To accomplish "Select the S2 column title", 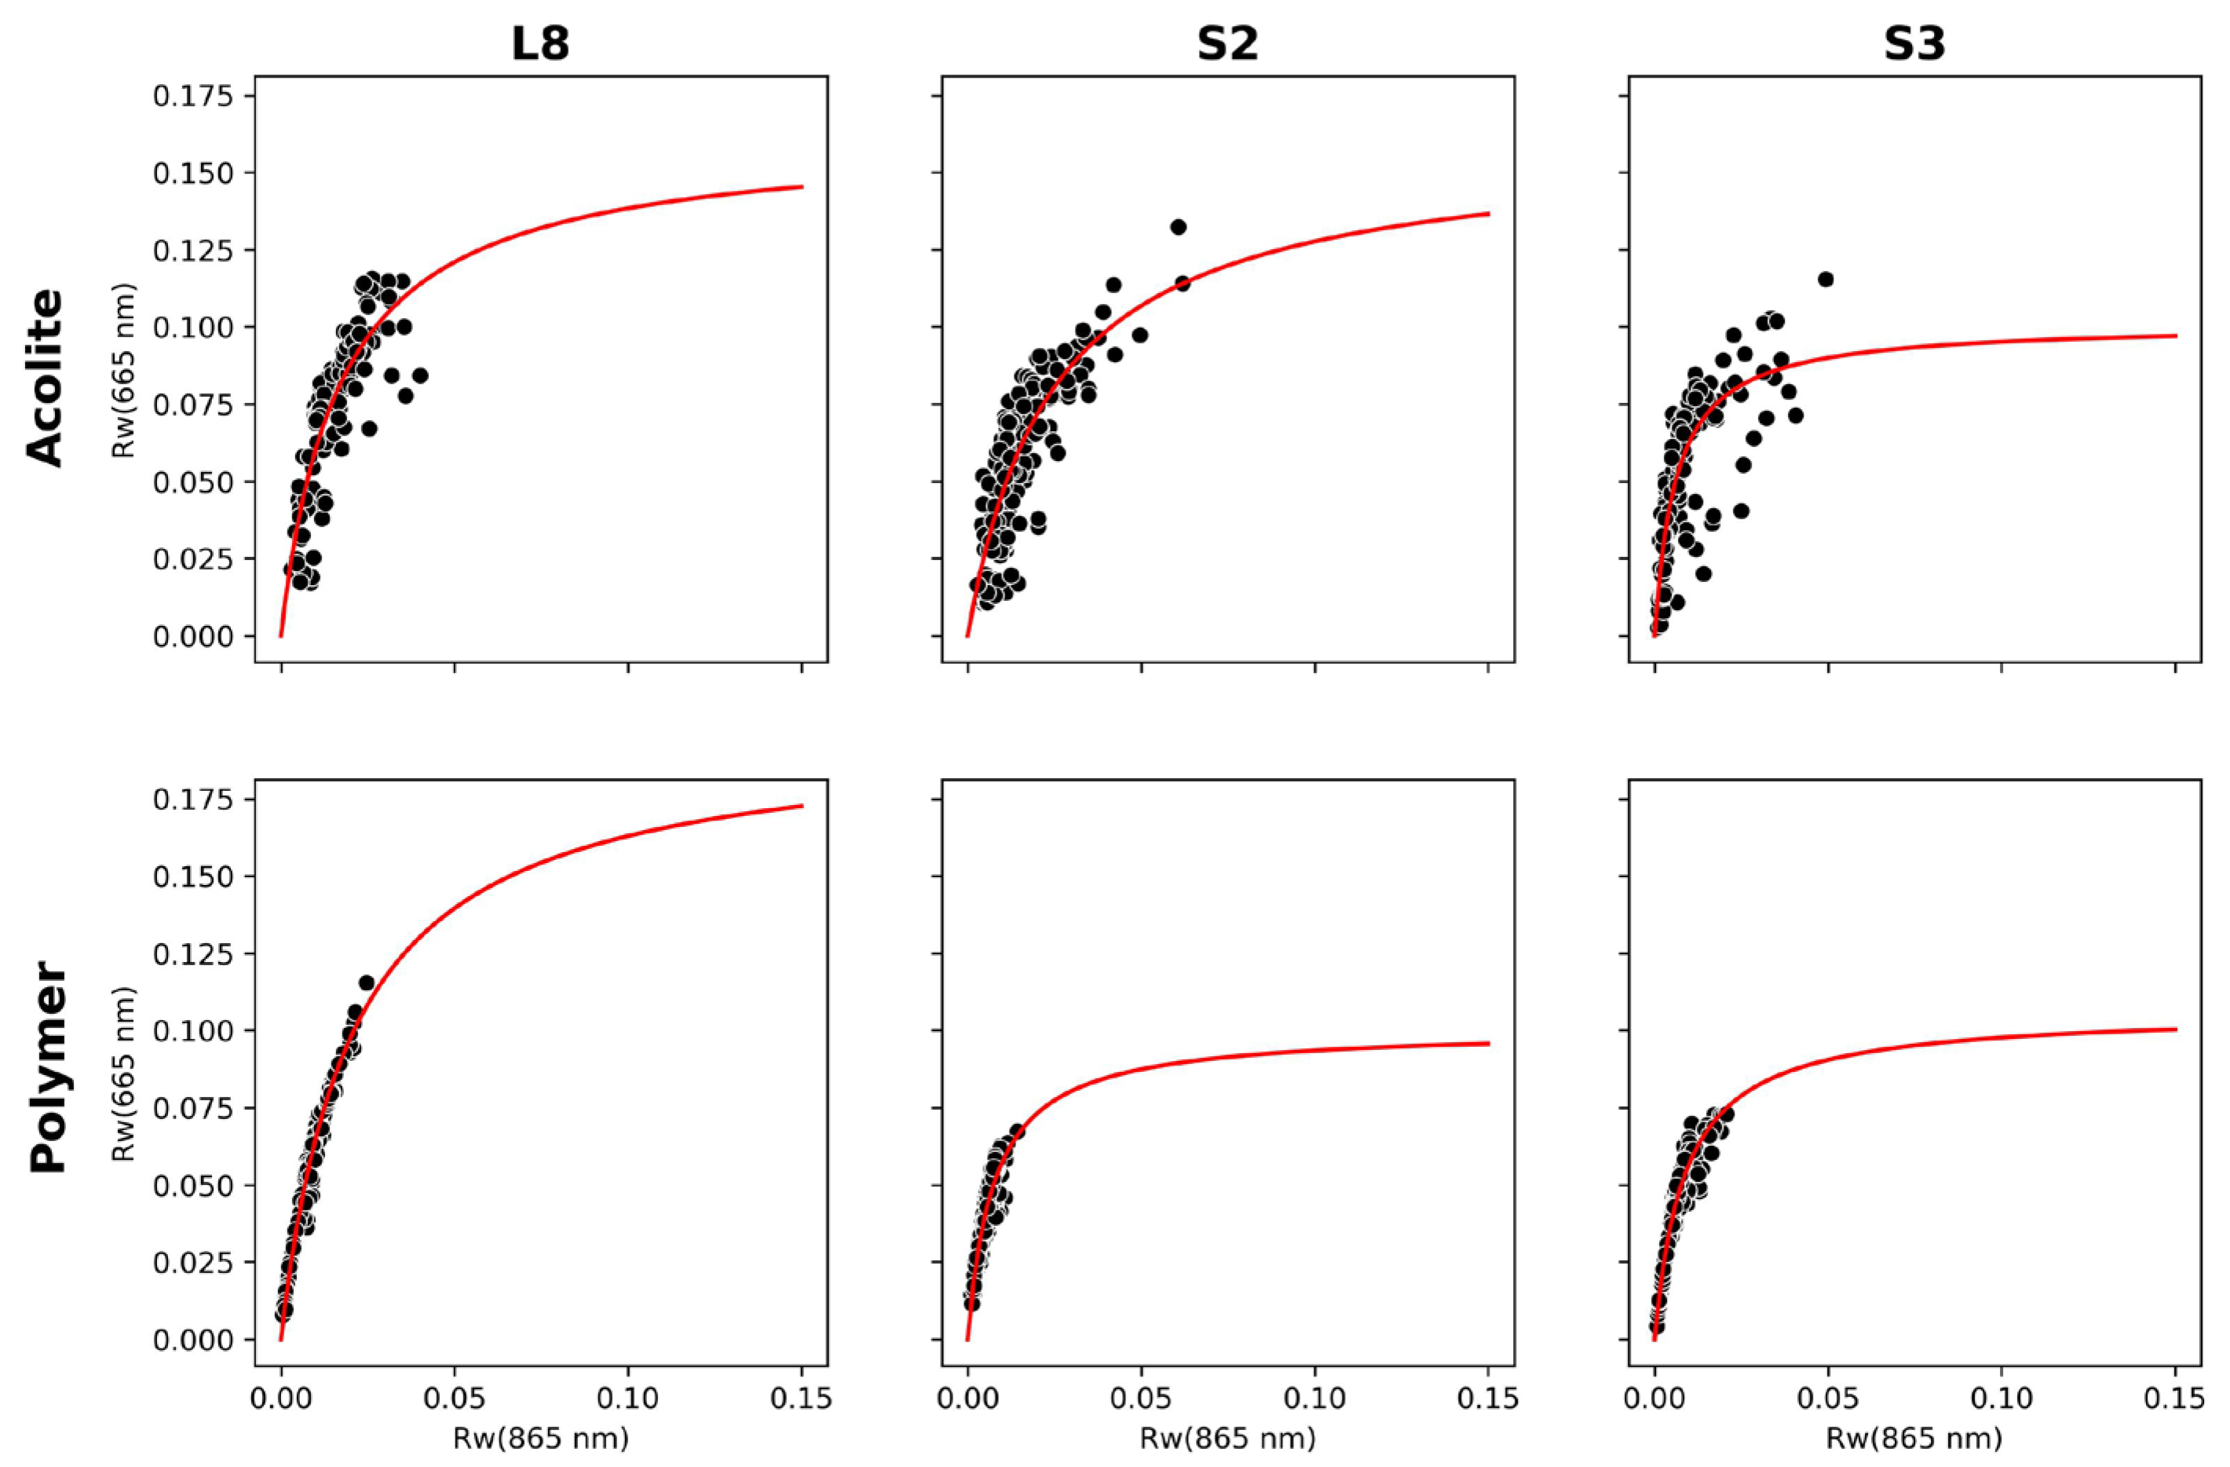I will click(1227, 44).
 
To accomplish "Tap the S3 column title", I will click(1914, 44).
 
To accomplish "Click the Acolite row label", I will click(45, 377).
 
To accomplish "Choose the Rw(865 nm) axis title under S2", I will click(1227, 1439).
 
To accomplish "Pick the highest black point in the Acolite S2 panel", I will click(1178, 227).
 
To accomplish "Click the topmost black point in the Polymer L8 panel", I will click(367, 982).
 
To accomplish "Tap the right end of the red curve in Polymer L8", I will click(802, 805).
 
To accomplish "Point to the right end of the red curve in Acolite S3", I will click(2176, 335).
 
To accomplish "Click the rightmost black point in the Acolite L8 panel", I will click(420, 375).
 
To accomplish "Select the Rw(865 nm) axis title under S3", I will click(1914, 1439).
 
